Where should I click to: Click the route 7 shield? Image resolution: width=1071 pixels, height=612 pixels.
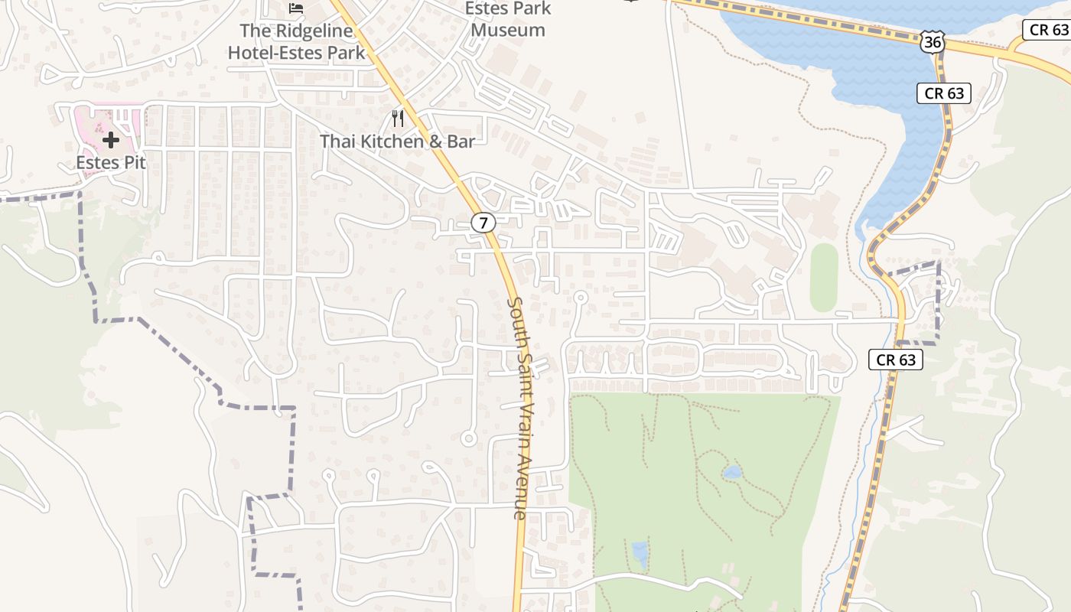click(483, 223)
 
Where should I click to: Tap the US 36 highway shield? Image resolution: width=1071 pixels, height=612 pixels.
click(932, 43)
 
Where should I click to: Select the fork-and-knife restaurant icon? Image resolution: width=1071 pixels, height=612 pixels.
click(397, 118)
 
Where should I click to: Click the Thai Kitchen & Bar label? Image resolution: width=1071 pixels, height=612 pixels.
click(397, 142)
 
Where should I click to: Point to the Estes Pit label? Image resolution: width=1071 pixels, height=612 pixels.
click(111, 162)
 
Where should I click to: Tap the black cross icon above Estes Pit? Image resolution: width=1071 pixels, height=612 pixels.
click(111, 140)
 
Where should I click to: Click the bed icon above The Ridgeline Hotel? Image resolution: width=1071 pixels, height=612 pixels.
click(296, 8)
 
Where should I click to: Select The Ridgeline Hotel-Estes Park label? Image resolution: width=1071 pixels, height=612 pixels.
click(297, 42)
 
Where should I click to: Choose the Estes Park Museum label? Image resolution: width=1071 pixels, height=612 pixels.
click(509, 20)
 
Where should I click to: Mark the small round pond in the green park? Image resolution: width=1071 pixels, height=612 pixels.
click(732, 473)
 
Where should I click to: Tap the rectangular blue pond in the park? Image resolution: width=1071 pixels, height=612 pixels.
click(639, 555)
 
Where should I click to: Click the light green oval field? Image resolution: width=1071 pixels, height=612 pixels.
click(824, 277)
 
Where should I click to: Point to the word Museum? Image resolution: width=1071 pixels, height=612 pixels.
click(509, 31)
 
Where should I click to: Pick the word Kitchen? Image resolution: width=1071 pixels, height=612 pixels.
click(392, 142)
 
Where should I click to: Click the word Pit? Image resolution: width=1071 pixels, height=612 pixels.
click(133, 162)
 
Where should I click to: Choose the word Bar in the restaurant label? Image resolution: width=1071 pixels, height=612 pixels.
click(461, 142)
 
